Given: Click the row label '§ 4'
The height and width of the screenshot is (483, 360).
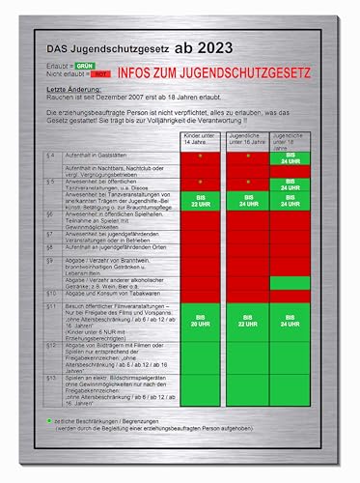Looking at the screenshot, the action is click(x=50, y=155).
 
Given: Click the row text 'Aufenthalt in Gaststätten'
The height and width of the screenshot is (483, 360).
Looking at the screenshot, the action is click(x=97, y=155).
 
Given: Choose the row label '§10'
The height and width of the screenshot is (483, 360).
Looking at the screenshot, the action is click(x=50, y=292).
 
